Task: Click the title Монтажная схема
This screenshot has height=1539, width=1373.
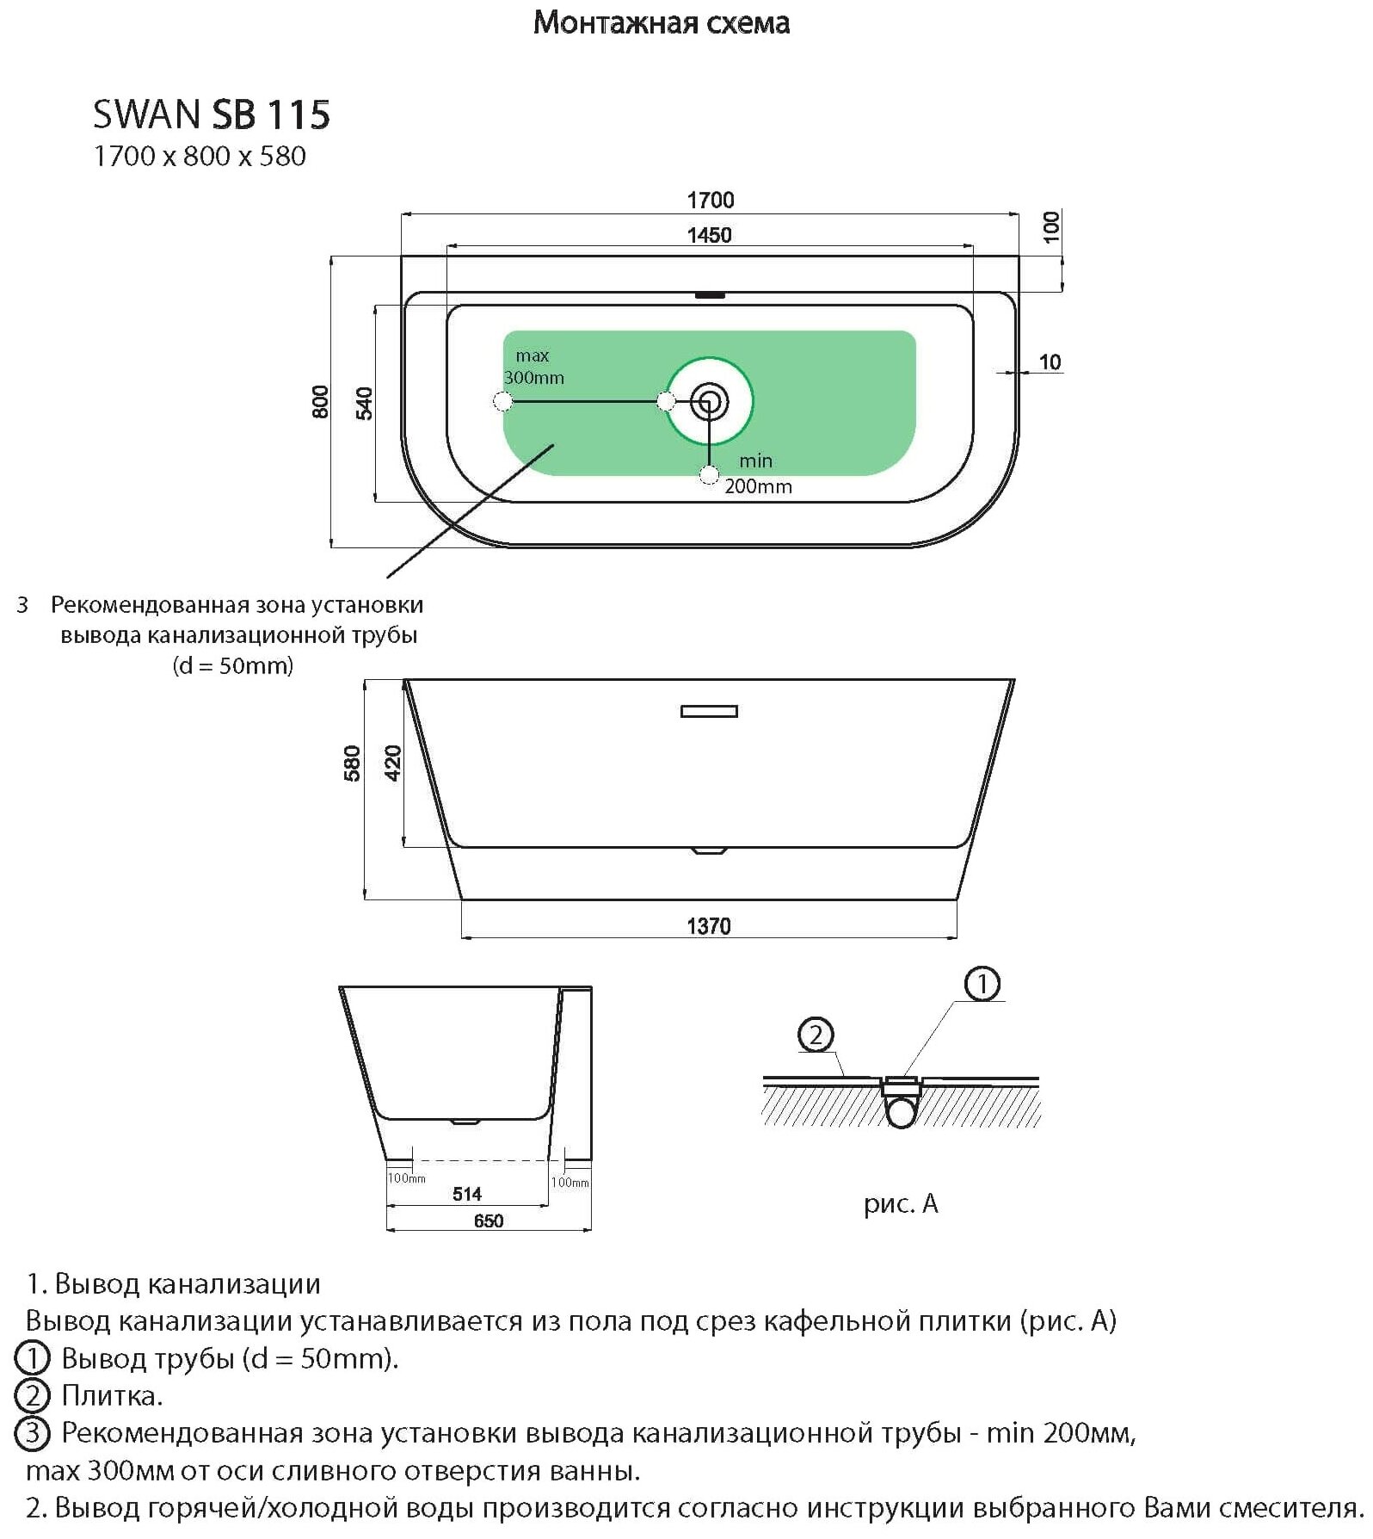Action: point(661,23)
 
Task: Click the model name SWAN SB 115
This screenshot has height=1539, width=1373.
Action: point(212,115)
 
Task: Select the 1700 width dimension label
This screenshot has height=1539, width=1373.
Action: point(710,201)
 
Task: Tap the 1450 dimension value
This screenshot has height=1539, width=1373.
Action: point(709,235)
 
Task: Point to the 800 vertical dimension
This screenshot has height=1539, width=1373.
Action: point(320,402)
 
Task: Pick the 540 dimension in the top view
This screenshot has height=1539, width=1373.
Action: point(365,404)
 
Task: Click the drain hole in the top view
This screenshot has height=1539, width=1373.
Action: point(710,401)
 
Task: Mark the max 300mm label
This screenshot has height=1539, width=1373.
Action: point(533,367)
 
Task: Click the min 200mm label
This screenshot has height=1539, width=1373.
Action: point(757,474)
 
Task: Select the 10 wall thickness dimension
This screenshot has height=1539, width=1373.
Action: point(1050,362)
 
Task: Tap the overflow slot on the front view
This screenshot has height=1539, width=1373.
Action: point(709,711)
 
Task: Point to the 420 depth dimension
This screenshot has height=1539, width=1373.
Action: point(393,763)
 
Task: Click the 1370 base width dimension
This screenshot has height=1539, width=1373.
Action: point(709,926)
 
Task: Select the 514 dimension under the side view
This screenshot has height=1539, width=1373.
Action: point(467,1194)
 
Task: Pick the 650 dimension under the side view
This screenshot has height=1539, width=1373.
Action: point(488,1221)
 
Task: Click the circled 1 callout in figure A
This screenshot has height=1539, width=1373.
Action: point(982,984)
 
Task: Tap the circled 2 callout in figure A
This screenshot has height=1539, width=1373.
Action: point(816,1034)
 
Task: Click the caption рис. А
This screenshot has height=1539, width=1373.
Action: point(901,1203)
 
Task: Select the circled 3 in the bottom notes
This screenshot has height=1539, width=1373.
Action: point(33,1433)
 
